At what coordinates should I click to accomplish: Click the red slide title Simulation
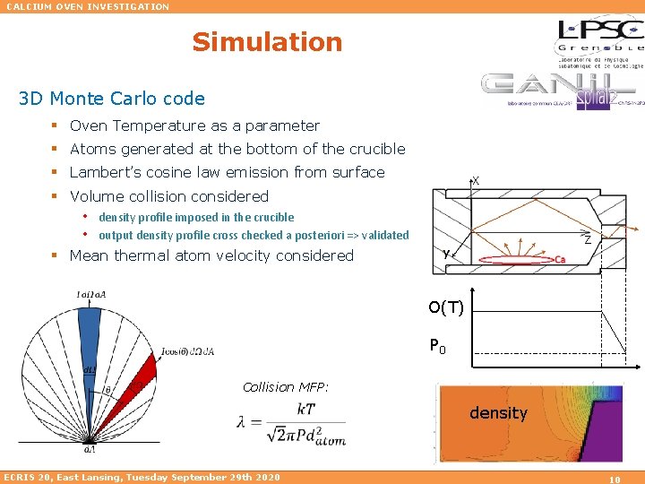(267, 42)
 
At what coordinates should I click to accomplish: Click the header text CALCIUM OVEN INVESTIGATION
(88, 6)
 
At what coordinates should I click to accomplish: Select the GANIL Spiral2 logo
(558, 91)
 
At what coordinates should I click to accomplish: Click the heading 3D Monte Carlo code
(111, 99)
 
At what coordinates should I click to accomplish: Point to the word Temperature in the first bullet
(162, 126)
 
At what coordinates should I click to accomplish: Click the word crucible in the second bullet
(374, 150)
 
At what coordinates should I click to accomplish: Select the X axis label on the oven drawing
(476, 180)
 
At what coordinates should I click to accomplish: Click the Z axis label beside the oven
(588, 240)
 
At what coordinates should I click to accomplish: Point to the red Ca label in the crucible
(560, 260)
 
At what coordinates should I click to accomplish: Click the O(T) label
(445, 308)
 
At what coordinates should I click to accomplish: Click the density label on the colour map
(498, 413)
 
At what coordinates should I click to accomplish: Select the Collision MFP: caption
(286, 387)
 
